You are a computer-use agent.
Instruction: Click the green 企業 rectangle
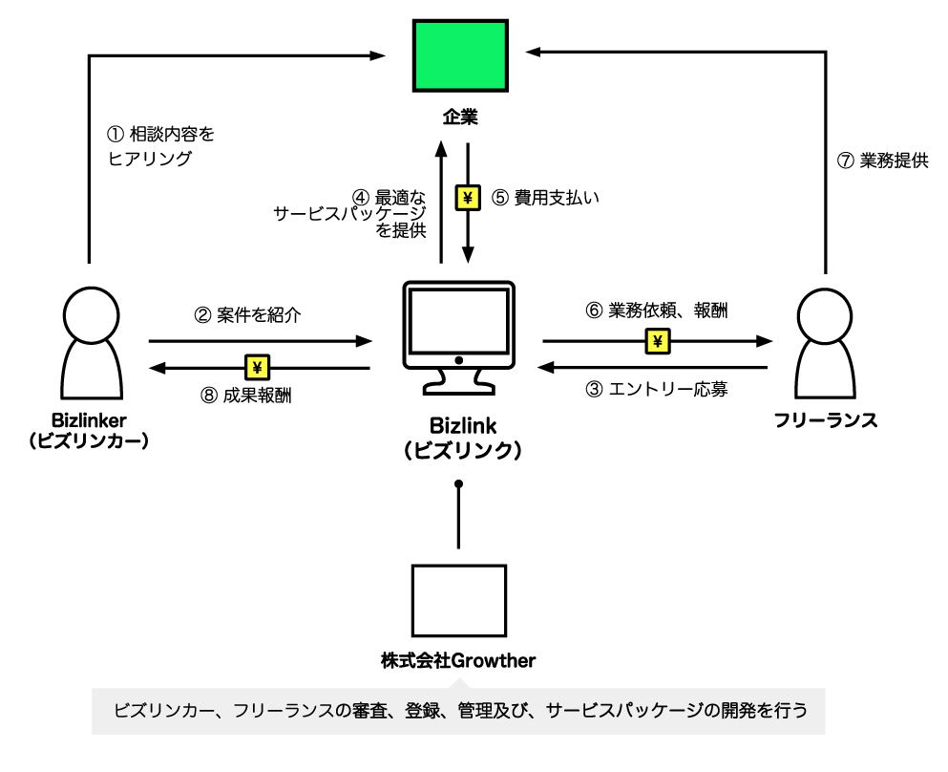coord(459,55)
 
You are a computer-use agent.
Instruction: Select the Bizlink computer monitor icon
coord(458,334)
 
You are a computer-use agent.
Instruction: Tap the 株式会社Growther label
coord(458,659)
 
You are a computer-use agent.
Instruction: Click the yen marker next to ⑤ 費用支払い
coord(469,198)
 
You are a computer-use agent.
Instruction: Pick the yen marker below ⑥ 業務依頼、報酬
coord(658,340)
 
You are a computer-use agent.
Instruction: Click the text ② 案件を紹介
coord(247,314)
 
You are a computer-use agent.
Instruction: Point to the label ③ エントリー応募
coord(657,389)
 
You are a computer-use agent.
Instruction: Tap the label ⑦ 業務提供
coord(881,161)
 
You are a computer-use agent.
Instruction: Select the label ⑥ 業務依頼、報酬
coord(657,311)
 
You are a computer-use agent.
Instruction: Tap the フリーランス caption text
coord(823,420)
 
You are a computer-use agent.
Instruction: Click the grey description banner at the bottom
coord(458,711)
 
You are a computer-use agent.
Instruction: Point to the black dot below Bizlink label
coord(458,485)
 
